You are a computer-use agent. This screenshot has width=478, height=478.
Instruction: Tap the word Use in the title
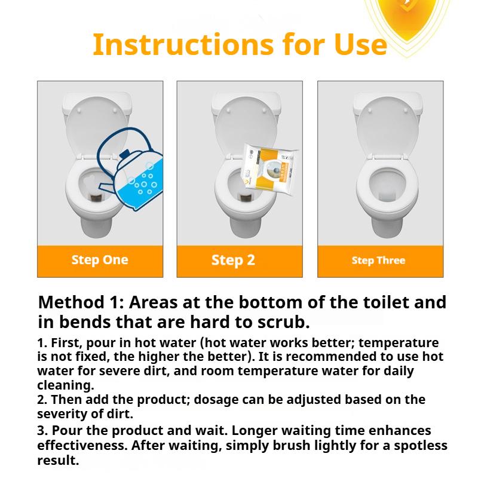361,44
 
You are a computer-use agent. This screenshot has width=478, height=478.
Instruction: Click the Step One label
100,260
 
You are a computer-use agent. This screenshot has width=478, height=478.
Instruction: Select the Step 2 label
233,261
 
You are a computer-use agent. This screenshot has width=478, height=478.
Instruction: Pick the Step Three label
378,261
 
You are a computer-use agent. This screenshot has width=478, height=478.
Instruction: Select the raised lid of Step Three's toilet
387,127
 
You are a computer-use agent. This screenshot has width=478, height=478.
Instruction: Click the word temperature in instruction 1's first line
399,343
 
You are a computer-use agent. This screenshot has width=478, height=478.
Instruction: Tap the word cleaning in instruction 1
66,385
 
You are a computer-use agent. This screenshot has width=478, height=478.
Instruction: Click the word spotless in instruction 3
421,445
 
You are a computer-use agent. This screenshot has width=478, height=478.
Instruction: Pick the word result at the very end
58,460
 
